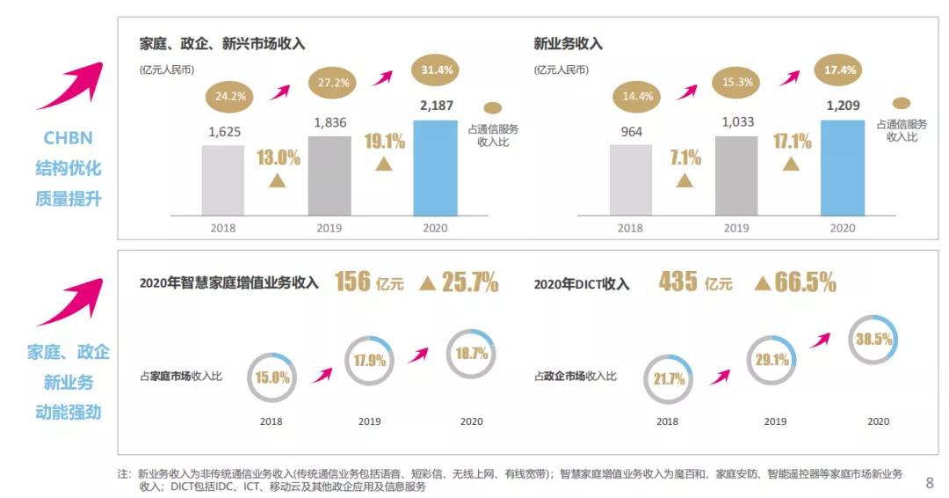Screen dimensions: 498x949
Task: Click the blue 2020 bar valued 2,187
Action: (435, 167)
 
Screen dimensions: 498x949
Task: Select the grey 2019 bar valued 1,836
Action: (329, 175)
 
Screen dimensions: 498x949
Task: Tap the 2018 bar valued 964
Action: (631, 179)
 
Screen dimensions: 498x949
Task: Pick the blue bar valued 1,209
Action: (842, 167)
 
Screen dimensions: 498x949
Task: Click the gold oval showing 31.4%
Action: (437, 70)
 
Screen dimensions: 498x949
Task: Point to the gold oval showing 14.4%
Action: (638, 97)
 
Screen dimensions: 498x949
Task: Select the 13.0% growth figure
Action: (279, 158)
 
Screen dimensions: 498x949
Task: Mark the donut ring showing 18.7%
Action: (472, 353)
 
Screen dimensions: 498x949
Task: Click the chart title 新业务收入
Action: (568, 43)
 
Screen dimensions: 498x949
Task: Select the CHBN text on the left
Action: (68, 138)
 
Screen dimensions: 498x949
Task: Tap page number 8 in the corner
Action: (930, 482)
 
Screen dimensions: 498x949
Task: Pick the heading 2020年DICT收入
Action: (582, 283)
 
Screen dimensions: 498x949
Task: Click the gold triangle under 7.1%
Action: (685, 180)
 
